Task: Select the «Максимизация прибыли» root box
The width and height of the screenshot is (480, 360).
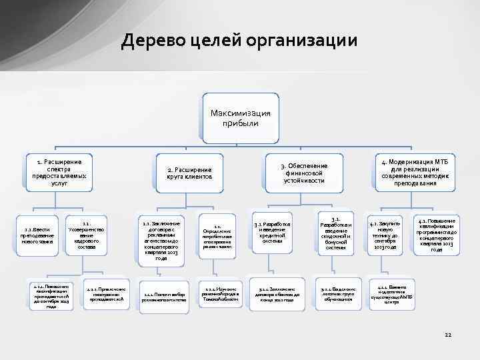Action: tap(240, 118)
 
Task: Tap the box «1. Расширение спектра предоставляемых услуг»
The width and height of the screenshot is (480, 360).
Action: tap(59, 172)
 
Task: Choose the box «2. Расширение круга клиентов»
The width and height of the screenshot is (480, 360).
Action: tap(189, 174)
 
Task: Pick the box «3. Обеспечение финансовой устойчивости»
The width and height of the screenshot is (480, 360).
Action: tap(304, 173)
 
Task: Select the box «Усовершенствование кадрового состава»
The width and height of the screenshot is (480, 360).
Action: tap(87, 235)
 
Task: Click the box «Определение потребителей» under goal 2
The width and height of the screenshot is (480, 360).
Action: tap(217, 235)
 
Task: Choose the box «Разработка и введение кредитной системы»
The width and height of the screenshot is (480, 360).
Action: tap(272, 231)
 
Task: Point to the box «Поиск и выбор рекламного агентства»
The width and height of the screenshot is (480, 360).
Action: tap(160, 293)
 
